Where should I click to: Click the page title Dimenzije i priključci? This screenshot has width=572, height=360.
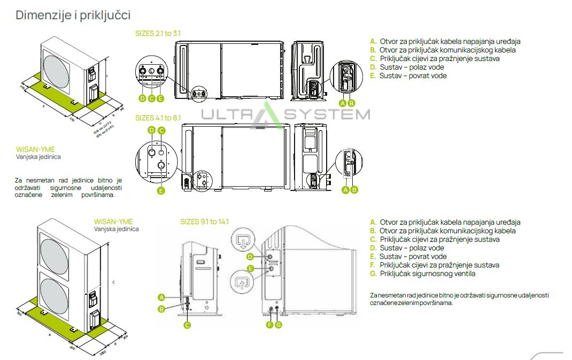[x=73, y=15]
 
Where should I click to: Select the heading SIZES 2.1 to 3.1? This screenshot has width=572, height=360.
[x=158, y=33]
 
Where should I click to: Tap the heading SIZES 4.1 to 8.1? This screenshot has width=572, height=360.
[x=158, y=118]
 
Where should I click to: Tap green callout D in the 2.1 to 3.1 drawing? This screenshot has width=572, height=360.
[x=142, y=98]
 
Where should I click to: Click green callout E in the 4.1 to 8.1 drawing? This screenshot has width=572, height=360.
[x=161, y=190]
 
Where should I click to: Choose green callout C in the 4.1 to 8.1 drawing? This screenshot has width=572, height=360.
[x=161, y=130]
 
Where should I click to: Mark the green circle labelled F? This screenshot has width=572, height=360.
[x=270, y=325]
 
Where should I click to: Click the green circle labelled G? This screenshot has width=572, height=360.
[x=279, y=325]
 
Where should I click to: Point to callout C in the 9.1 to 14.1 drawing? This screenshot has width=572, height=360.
[x=188, y=325]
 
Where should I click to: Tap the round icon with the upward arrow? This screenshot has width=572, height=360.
[x=243, y=283]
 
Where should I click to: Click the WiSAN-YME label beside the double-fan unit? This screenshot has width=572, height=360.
[x=113, y=221]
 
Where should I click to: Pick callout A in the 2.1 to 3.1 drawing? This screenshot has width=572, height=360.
[x=343, y=103]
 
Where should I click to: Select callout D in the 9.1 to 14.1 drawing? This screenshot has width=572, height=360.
[x=250, y=257]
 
